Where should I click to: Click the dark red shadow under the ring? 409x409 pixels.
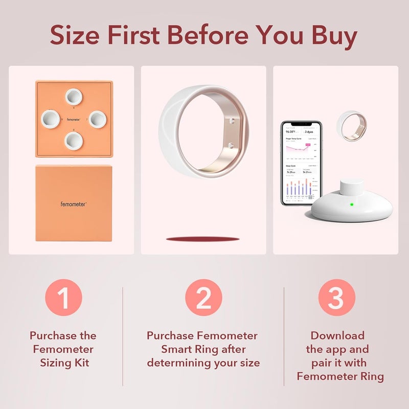pos(203,239)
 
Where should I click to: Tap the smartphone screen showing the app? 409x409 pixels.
pos(301,163)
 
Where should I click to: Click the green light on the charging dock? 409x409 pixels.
pos(352,205)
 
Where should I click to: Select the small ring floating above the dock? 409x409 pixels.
pos(350,125)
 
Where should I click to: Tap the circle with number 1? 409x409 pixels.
pos(63,298)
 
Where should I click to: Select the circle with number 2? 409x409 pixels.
pos(203,298)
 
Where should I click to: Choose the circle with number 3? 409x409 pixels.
pos(336,298)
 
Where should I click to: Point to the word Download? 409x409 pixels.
pos(337,335)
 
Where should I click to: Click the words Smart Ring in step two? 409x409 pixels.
pos(203,349)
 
